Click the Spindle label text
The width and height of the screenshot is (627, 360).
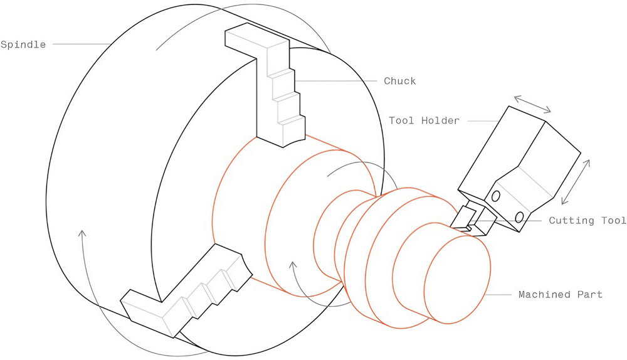[23, 45]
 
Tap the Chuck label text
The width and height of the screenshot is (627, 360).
[400, 81]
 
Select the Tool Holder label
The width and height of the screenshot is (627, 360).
[424, 120]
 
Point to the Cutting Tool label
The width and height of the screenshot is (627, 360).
[587, 220]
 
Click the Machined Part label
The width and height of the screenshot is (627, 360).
[560, 294]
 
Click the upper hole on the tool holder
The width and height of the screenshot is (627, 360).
[495, 196]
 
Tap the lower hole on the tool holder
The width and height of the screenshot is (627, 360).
[519, 217]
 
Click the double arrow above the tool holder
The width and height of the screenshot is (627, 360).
[532, 104]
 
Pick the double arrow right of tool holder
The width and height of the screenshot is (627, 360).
[576, 182]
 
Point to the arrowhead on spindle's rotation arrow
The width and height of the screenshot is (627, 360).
[82, 234]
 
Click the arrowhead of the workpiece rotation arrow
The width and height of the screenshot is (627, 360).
[293, 266]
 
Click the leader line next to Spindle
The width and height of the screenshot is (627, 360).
[82, 44]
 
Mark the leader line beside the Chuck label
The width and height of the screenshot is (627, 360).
[336, 81]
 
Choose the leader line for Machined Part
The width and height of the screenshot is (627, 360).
[498, 295]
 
